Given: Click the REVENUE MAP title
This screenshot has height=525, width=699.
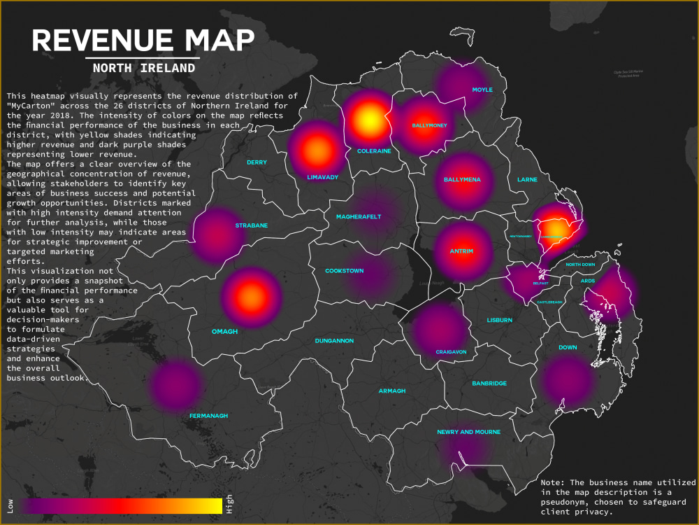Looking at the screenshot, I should (143, 41).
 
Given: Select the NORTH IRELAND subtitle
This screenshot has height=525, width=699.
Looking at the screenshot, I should (143, 69).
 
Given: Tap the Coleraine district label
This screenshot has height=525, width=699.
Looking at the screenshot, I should (374, 150).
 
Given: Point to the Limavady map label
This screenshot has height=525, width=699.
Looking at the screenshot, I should (322, 177).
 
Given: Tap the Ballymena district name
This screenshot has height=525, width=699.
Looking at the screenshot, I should (462, 180).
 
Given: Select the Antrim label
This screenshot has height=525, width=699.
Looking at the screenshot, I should (461, 251).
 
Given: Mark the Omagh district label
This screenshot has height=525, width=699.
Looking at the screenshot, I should (226, 332).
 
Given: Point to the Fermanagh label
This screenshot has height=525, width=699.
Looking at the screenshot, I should (208, 416).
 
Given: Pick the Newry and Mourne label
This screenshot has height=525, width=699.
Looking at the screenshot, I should (468, 433).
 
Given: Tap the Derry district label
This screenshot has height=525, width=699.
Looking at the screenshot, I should (257, 162).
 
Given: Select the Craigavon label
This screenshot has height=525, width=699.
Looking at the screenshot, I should (451, 351).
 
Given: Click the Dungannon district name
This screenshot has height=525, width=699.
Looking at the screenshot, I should (334, 341).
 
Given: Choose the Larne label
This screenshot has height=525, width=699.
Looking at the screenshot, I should (527, 180).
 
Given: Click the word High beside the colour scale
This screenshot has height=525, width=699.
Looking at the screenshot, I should (229, 505).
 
